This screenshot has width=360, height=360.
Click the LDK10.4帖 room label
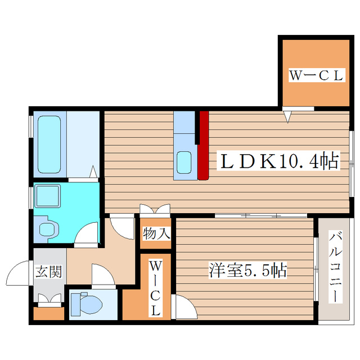(278, 162)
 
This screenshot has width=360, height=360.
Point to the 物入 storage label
(156, 233)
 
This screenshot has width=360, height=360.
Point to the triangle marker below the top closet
(288, 116)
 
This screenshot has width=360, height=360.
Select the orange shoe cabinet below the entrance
(49, 313)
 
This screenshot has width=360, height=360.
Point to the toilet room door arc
(102, 276)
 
